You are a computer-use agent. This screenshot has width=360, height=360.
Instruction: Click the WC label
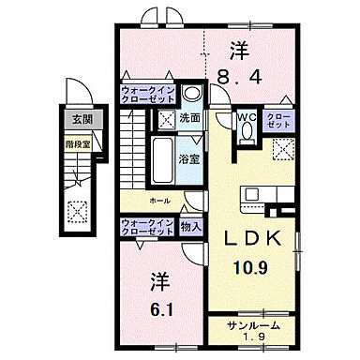tap(247, 117)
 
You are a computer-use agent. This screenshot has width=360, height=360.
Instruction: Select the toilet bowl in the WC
tap(247, 133)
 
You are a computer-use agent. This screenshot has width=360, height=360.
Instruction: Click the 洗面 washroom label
tap(189, 119)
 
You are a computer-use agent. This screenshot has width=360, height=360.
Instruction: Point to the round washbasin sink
tap(191, 94)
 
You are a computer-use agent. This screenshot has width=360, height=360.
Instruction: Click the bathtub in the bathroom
tap(162, 154)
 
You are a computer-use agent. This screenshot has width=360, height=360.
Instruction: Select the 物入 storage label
tap(189, 226)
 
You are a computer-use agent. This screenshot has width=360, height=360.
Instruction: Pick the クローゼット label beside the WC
tap(277, 121)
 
